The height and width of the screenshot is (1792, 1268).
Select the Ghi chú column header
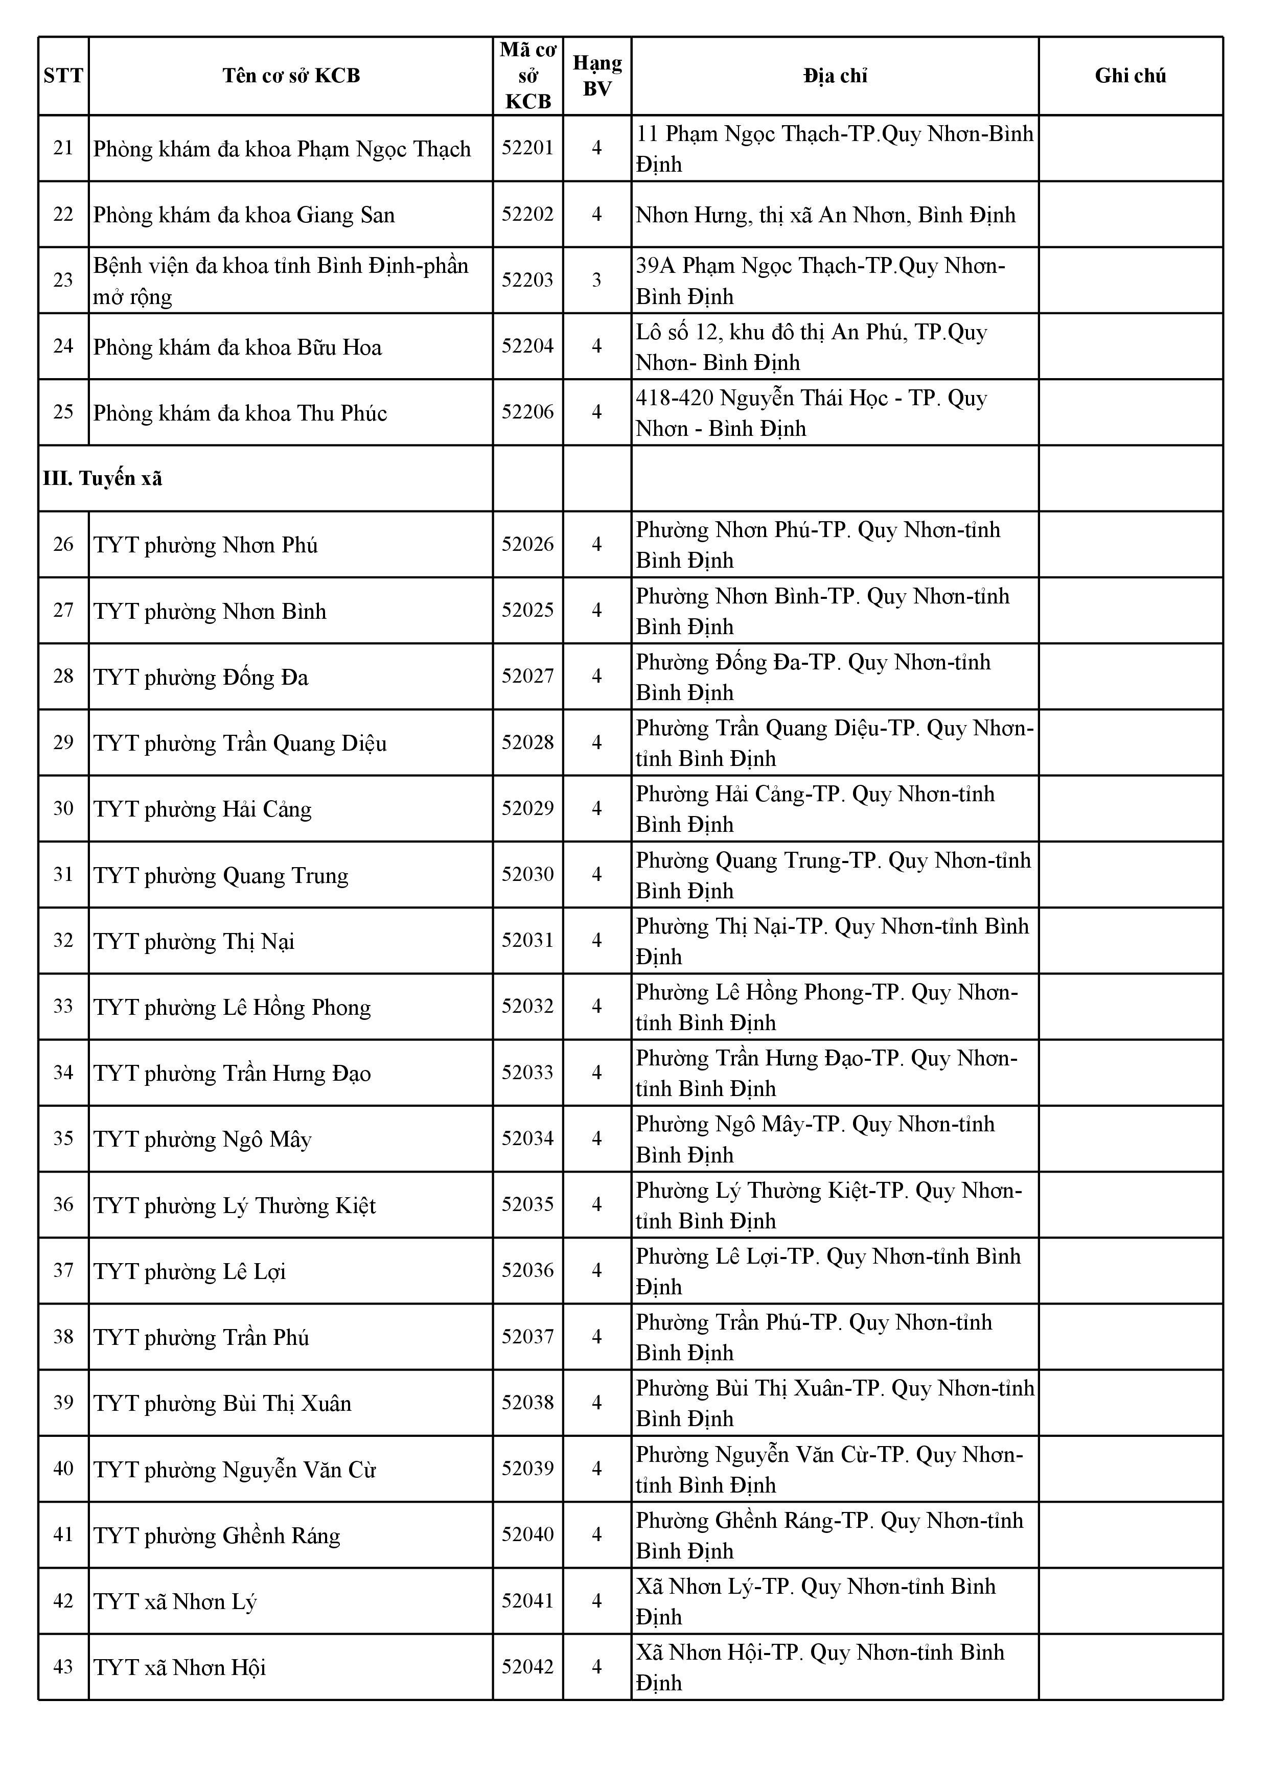tap(1130, 76)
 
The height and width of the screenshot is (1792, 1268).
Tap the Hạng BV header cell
tap(597, 76)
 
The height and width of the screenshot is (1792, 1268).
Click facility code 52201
tap(528, 148)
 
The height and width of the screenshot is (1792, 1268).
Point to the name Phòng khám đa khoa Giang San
tap(244, 215)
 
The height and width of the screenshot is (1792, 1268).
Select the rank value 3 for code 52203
tap(597, 280)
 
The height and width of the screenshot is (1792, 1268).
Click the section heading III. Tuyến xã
tap(103, 478)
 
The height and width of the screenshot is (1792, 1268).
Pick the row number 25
tap(63, 412)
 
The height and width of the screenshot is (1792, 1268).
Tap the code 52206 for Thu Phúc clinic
tap(528, 412)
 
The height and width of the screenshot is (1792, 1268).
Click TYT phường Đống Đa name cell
tap(201, 677)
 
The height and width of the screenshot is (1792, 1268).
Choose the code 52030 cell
tap(528, 874)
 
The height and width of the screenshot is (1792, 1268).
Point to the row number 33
tap(63, 1006)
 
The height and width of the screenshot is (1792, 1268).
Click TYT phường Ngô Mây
tap(202, 1139)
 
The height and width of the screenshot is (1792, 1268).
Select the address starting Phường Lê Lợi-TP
tap(827, 1271)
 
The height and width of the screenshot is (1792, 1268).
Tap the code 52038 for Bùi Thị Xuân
tap(528, 1403)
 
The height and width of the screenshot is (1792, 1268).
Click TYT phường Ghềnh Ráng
tap(217, 1535)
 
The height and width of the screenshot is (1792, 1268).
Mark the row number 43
tap(63, 1666)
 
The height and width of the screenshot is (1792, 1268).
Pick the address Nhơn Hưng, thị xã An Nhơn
tap(825, 215)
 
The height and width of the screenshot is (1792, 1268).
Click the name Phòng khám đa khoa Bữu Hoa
tap(237, 346)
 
